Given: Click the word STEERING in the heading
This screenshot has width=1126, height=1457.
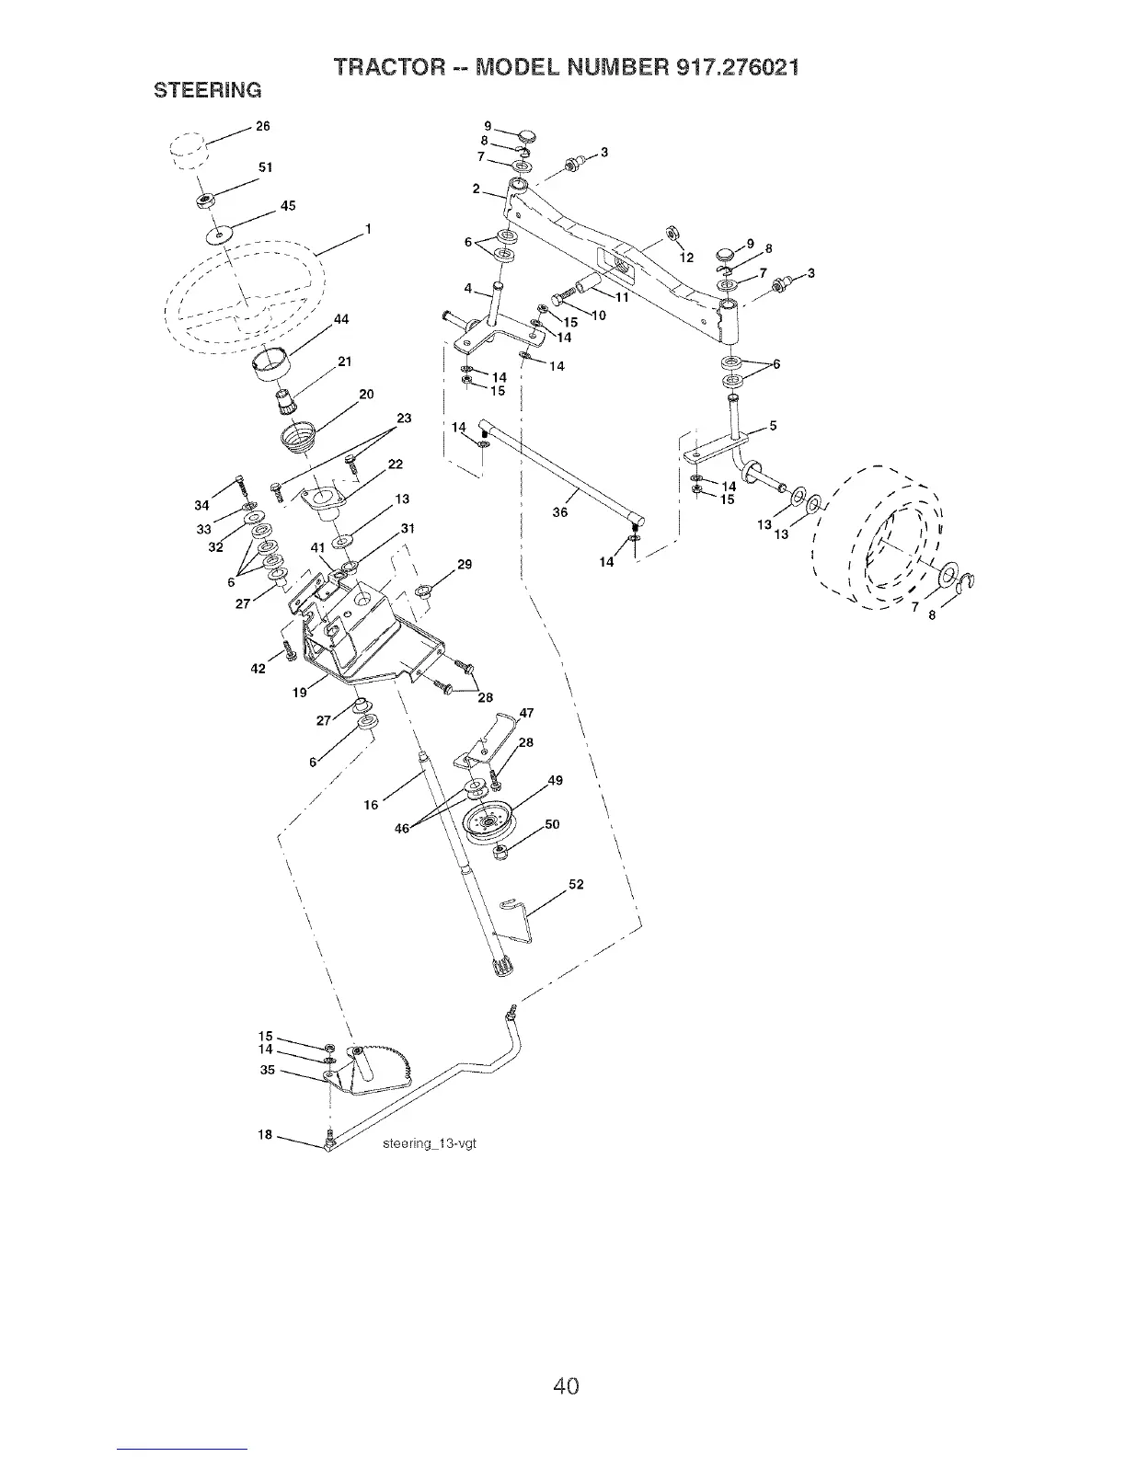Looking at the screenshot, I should (x=207, y=90).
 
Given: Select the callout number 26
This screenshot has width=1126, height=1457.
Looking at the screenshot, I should (x=262, y=127).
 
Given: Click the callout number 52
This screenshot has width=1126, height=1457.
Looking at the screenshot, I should (x=576, y=885).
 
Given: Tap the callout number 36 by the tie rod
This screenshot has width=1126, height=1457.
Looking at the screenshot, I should (x=559, y=513).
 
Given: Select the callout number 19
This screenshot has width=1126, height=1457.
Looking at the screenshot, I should (x=300, y=693).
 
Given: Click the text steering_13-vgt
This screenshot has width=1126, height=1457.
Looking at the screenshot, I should (x=431, y=1144).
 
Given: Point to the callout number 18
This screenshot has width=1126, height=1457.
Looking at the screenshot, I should (x=265, y=1135).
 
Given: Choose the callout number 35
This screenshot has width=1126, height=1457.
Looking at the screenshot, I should (x=268, y=1070).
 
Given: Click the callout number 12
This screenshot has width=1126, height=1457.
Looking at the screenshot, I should (x=684, y=258).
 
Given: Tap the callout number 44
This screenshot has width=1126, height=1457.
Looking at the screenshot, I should (x=342, y=319).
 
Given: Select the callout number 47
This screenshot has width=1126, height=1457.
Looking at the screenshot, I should (x=527, y=713).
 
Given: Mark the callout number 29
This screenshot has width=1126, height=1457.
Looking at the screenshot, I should (x=465, y=564).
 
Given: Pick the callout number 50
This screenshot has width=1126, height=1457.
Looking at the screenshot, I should (x=552, y=825).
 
